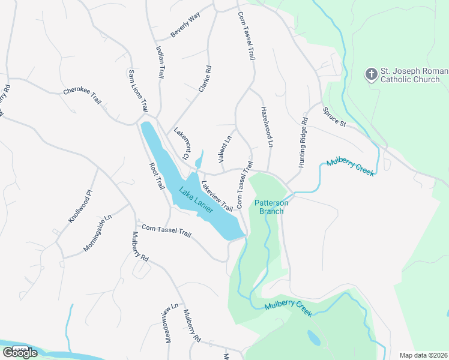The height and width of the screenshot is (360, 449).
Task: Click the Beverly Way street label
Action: [x=185, y=25]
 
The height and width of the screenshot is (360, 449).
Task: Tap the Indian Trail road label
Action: [x=160, y=63]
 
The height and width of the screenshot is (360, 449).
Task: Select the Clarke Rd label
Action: [x=205, y=79]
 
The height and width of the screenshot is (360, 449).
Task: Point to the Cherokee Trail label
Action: [x=82, y=98]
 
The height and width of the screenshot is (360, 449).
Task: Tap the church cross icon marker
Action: [x=371, y=74]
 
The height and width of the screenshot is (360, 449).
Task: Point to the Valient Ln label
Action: [x=224, y=150]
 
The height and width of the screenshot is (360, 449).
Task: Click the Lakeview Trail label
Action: [x=217, y=196]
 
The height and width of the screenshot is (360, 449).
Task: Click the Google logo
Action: [x=20, y=352]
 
